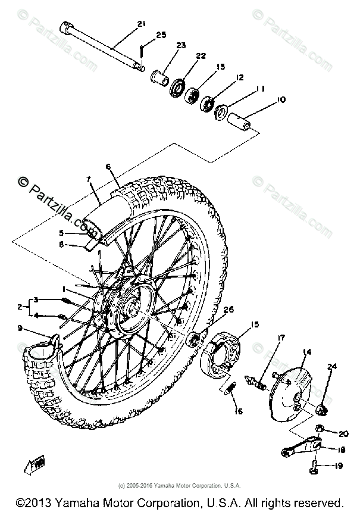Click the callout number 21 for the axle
[x=140, y=24]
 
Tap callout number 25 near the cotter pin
[x=161, y=36]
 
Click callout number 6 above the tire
[x=108, y=167]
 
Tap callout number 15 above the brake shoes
[x=255, y=324]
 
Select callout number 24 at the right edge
[x=331, y=367]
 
